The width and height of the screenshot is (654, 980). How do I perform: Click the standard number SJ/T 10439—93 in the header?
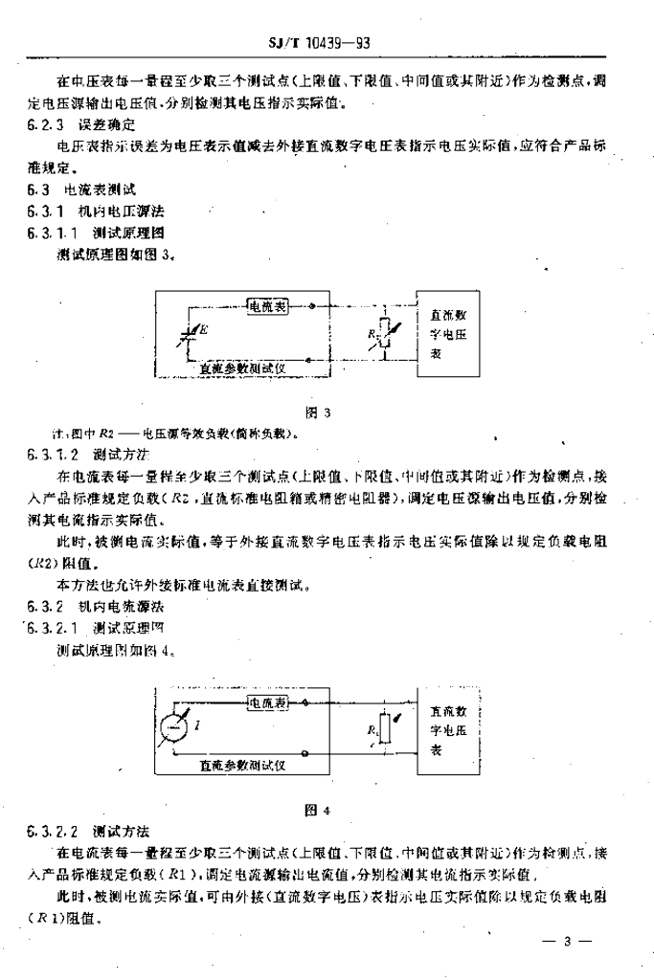tap(325, 42)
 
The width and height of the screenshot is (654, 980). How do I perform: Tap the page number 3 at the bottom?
tap(567, 942)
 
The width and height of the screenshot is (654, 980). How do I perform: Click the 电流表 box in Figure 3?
tap(268, 306)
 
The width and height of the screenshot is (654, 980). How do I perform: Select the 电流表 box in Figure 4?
tap(268, 703)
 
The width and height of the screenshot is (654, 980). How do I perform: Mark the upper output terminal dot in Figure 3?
tap(314, 307)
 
